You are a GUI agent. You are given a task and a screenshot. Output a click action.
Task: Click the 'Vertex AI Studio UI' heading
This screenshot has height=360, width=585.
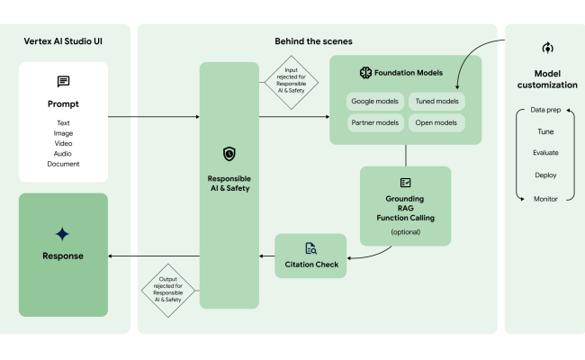pos(63,41)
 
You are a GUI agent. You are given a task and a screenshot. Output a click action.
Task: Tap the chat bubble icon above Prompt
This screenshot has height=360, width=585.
pos(63,82)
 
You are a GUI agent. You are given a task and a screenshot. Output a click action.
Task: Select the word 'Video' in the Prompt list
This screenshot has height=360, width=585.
pos(63,143)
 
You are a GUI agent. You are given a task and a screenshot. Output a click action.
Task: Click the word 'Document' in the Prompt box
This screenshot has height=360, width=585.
pos(63,164)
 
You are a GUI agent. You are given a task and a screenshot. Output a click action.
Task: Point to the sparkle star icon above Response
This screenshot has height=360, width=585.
pos(62,234)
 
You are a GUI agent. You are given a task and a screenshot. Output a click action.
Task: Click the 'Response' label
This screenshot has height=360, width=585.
pos(63,256)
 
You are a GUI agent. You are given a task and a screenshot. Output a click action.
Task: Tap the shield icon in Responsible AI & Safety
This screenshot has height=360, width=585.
pos(229,155)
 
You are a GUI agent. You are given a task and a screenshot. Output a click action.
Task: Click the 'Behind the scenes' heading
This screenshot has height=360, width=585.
pos(313,41)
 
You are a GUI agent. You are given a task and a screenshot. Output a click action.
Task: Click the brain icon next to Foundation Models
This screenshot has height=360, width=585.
pos(365,73)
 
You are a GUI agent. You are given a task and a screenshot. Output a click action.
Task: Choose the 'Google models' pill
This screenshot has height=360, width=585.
pos(375,102)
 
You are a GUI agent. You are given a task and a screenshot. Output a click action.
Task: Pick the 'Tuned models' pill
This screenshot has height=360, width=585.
pos(436,102)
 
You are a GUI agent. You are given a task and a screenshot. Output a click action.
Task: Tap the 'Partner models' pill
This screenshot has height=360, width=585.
pos(375,121)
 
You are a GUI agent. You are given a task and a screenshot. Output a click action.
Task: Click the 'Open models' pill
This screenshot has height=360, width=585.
pos(436,121)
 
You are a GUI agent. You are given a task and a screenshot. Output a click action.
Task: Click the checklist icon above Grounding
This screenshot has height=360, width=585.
pos(405,183)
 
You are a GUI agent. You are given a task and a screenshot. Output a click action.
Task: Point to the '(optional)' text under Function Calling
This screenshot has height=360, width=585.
pos(405,232)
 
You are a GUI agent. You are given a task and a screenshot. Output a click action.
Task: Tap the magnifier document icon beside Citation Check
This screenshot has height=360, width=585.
pos(310,248)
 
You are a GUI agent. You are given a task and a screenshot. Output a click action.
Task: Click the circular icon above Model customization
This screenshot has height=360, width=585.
pos(545,48)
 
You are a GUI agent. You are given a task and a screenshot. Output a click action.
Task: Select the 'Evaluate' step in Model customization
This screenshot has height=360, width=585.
pos(545,153)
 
